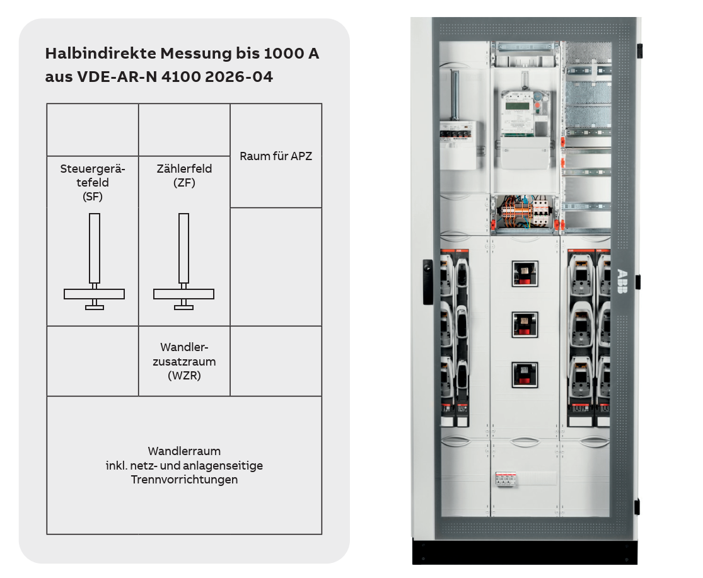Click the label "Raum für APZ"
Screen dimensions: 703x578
(x=276, y=156)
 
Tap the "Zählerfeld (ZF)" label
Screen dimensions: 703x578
(x=184, y=175)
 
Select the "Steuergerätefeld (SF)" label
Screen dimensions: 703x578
(x=93, y=182)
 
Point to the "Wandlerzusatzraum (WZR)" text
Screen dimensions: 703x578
(x=184, y=361)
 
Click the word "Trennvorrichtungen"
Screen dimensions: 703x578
(x=184, y=480)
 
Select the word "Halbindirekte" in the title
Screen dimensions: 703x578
(x=101, y=54)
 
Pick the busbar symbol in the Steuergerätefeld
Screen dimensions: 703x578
(x=94, y=261)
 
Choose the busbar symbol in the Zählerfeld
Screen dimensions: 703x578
(x=184, y=261)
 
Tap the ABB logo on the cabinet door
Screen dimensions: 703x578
(x=622, y=281)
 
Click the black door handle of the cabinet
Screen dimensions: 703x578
(x=427, y=282)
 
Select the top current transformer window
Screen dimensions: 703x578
(x=525, y=274)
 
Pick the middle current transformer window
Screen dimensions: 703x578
(x=525, y=325)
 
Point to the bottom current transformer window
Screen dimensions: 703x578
(x=525, y=375)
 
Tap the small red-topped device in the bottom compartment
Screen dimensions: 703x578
(x=506, y=479)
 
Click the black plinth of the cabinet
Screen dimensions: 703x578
(x=525, y=551)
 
